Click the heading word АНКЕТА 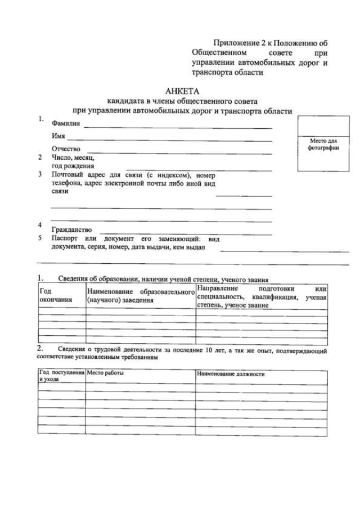coord(183,91)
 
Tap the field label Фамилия coord(65,123)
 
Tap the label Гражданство coord(71,231)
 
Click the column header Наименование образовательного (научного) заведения coord(138,296)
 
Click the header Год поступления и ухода coord(61,376)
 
